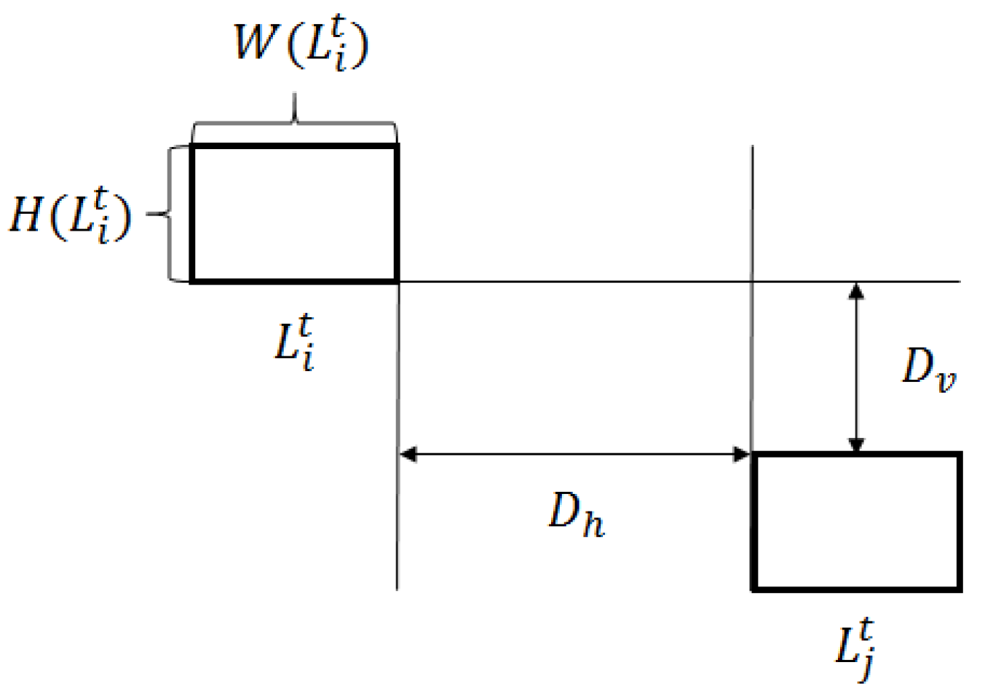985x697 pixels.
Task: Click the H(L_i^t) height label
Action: point(71,215)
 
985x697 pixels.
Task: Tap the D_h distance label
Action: point(576,514)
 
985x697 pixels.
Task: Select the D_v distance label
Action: point(928,368)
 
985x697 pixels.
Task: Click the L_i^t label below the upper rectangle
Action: point(296,343)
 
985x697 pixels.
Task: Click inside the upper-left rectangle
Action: point(294,212)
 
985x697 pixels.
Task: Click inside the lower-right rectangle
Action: point(857,521)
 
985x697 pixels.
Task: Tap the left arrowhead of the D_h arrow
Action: point(408,455)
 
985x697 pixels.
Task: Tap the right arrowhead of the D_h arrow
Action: point(742,455)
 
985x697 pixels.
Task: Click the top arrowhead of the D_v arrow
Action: point(857,291)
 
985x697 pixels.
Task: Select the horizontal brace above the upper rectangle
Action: point(294,120)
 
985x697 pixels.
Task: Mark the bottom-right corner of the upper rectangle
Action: point(396,280)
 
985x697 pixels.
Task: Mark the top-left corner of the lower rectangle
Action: point(754,455)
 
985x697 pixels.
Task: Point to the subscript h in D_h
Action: point(593,524)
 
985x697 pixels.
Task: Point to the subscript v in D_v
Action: point(945,380)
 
